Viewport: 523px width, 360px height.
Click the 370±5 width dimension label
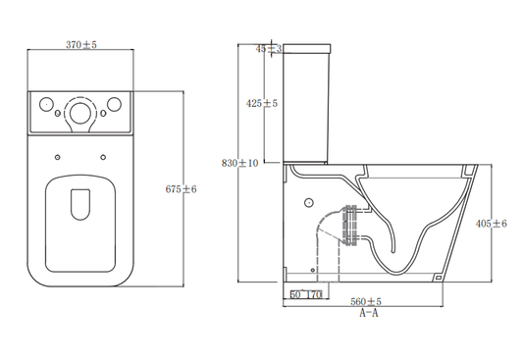click(x=81, y=45)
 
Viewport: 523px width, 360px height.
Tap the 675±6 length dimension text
click(x=182, y=189)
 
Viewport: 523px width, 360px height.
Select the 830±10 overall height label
click(x=239, y=163)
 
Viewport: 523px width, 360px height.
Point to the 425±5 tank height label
click(x=262, y=103)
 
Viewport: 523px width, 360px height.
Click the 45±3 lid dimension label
click(x=269, y=49)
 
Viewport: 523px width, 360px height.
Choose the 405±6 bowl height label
click(x=492, y=224)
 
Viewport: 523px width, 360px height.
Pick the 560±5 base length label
click(x=366, y=302)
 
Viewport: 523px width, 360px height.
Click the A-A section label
click(x=369, y=313)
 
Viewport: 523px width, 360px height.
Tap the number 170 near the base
click(x=314, y=294)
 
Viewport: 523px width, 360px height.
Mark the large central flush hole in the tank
click(x=80, y=113)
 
